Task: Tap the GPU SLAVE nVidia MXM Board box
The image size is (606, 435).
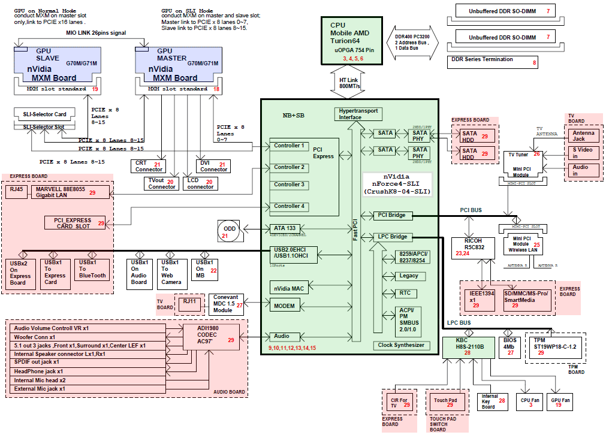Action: coord(57,66)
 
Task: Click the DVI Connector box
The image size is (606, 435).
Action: coord(213,166)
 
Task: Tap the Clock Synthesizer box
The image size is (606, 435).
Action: coord(401,345)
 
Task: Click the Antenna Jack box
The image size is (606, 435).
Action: coord(583,135)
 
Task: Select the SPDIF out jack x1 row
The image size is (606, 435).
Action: coord(88,362)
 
